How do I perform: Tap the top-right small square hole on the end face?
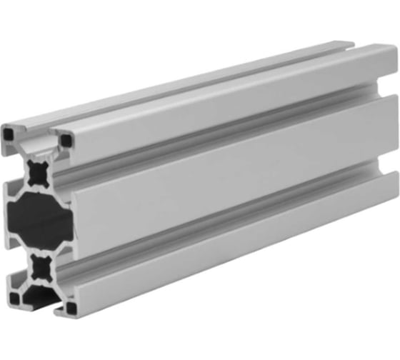[66, 141]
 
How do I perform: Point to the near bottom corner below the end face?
[76, 317]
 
